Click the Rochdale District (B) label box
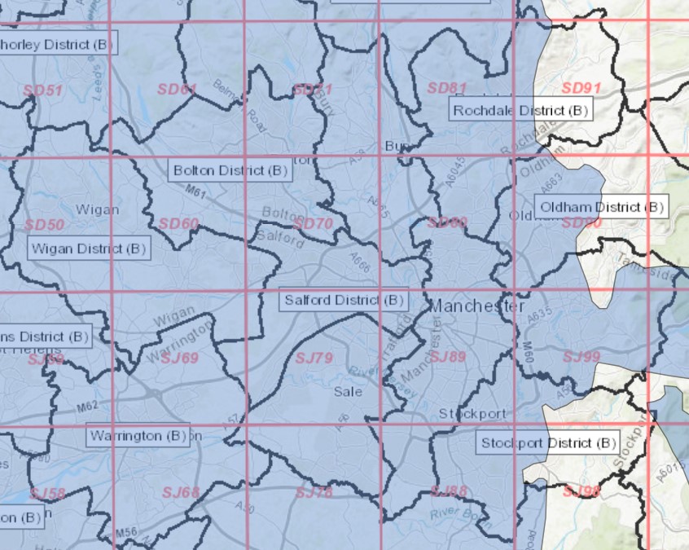click(x=520, y=109)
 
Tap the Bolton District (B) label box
click(x=230, y=170)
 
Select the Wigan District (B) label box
click(x=88, y=249)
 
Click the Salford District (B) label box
click(x=343, y=300)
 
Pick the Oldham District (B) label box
click(x=600, y=206)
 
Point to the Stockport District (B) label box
click(x=546, y=443)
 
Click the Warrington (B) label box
click(x=138, y=435)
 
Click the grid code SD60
click(x=178, y=223)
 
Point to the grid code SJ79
click(x=314, y=358)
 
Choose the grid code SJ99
click(x=581, y=356)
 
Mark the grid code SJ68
click(x=180, y=491)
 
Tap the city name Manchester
click(x=476, y=306)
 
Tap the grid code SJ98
click(x=581, y=491)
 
